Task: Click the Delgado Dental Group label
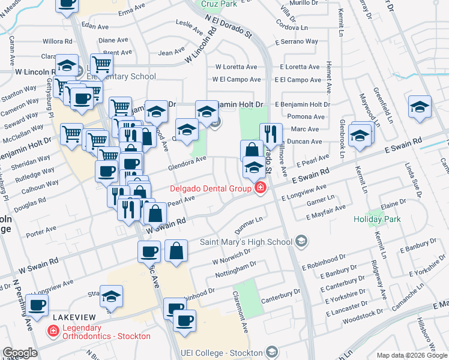[x=209, y=188]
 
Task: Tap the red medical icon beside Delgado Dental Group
[x=260, y=188]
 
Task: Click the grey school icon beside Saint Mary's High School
[x=301, y=242]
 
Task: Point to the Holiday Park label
[x=376, y=219]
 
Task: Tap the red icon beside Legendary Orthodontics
[x=53, y=331]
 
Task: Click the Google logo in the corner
[x=20, y=353]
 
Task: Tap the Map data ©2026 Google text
[x=411, y=355]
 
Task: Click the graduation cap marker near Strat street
[x=111, y=296]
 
